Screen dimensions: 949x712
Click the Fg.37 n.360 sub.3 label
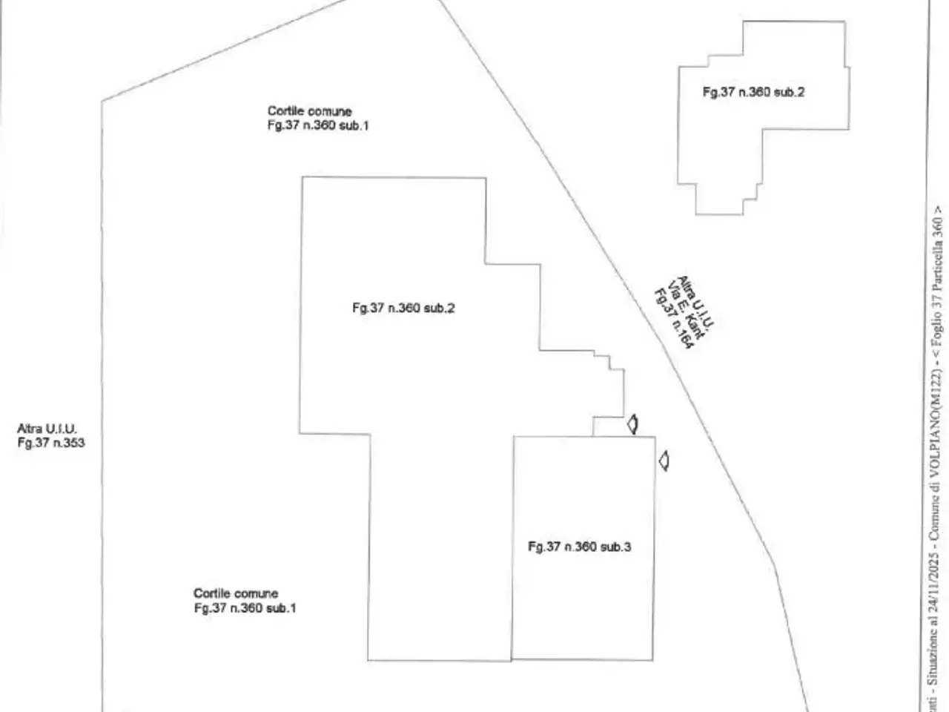click(579, 547)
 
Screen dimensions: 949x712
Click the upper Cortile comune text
click(310, 111)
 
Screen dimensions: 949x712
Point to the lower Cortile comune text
click(236, 593)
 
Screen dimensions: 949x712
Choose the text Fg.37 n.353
click(51, 443)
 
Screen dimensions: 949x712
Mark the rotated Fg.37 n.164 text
click(673, 319)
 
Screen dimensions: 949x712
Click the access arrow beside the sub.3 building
click(664, 461)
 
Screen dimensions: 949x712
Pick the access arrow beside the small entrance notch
click(632, 424)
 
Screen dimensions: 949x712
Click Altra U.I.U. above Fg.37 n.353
click(47, 429)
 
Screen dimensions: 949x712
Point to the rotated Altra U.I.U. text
click(695, 301)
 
